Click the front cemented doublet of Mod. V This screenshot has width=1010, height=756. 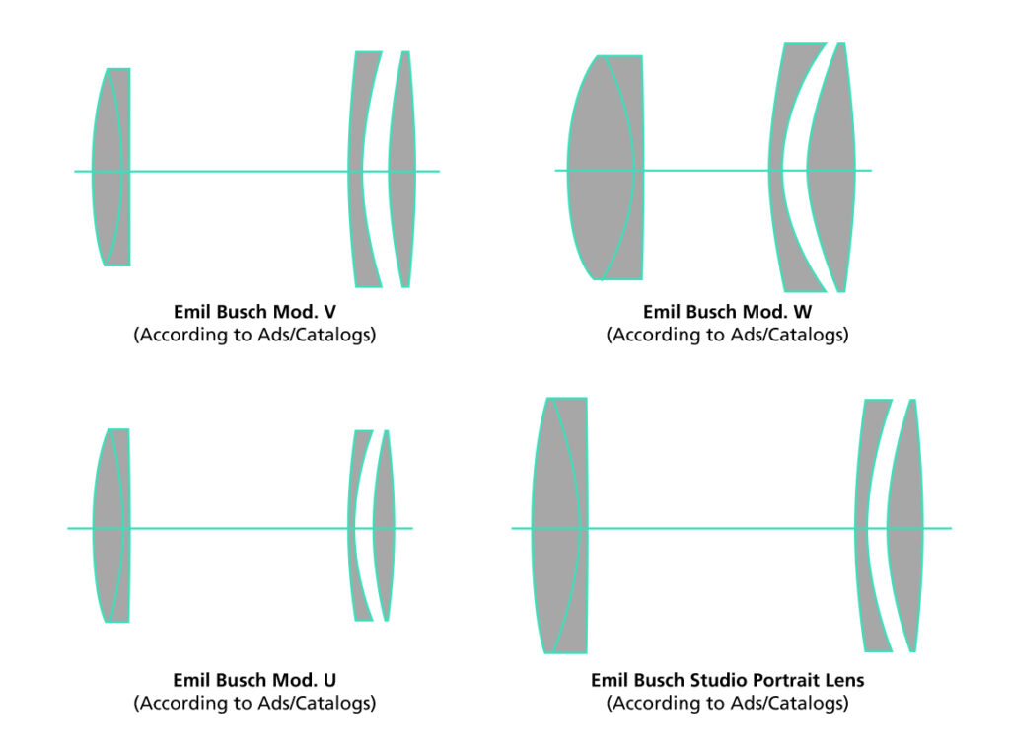coord(110,167)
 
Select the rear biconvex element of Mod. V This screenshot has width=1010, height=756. coord(402,169)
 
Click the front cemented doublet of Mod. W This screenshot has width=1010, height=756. coord(606,168)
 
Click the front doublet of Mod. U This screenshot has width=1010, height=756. coord(111,525)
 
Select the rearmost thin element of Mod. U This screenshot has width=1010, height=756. coord(385,525)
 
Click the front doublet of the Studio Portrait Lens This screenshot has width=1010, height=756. coord(559,525)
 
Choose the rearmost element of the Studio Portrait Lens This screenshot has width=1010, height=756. coord(905,525)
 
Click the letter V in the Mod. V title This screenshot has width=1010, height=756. coord(329,312)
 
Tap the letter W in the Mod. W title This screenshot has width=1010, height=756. coord(803,312)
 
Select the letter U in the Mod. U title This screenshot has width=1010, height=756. coord(329,681)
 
